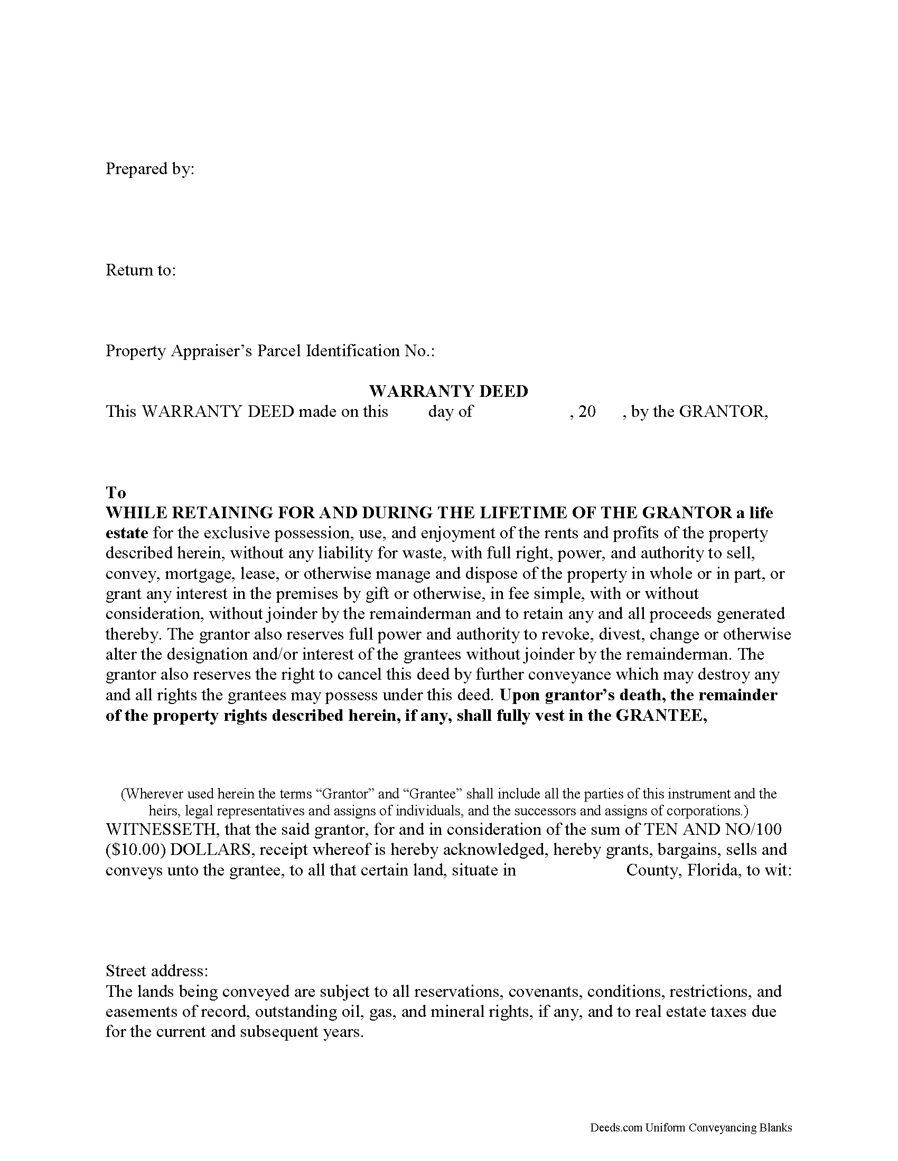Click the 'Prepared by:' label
(150, 169)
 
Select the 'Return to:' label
(141, 270)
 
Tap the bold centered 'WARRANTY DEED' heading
(448, 391)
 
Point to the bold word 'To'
(116, 493)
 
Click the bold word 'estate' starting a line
(127, 533)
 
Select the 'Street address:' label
(156, 970)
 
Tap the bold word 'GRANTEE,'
(661, 716)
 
